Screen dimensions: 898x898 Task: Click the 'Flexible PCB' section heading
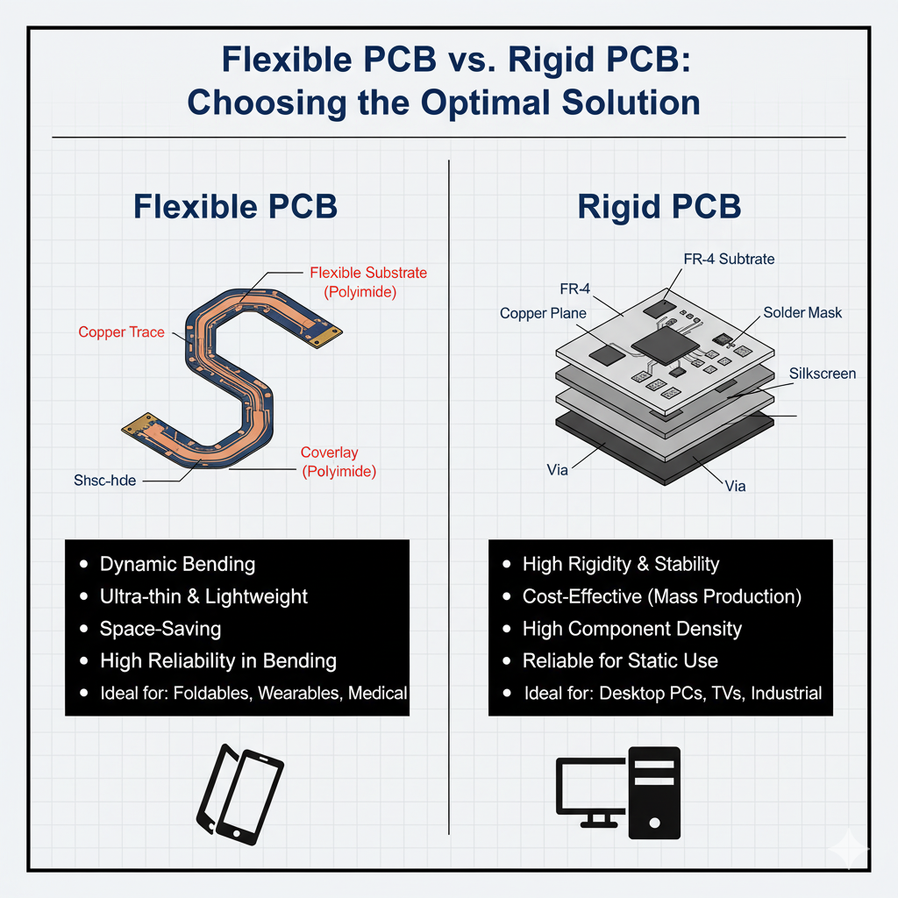(235, 206)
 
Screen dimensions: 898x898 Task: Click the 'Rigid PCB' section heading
(659, 206)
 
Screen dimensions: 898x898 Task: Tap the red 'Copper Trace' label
(121, 332)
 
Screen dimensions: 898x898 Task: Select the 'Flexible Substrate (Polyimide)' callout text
(368, 282)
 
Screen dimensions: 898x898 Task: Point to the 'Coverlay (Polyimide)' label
(338, 462)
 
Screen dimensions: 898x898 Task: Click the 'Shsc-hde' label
(104, 481)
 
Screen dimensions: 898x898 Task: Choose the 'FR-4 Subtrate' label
(729, 260)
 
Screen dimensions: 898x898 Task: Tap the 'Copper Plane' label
(543, 313)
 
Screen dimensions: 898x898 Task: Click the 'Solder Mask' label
(802, 313)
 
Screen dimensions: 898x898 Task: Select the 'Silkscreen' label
(822, 374)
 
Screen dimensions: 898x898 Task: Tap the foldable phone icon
(239, 795)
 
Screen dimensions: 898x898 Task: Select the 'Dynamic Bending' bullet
(177, 564)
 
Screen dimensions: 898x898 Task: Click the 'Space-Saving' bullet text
(160, 629)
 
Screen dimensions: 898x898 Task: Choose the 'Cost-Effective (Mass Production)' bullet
(662, 596)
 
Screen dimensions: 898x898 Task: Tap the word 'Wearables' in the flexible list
(297, 693)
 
